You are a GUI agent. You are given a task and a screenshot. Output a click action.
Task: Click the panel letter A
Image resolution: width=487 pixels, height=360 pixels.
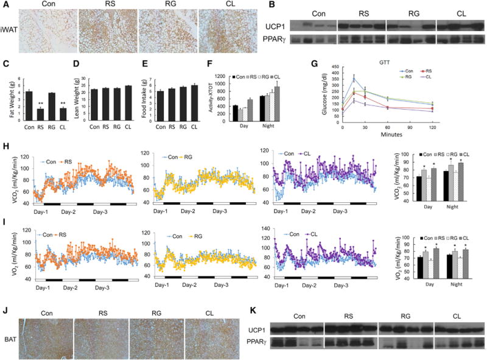[x=5, y=5]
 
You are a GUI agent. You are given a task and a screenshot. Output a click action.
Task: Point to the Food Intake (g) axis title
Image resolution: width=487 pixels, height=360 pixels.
[x=142, y=97]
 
